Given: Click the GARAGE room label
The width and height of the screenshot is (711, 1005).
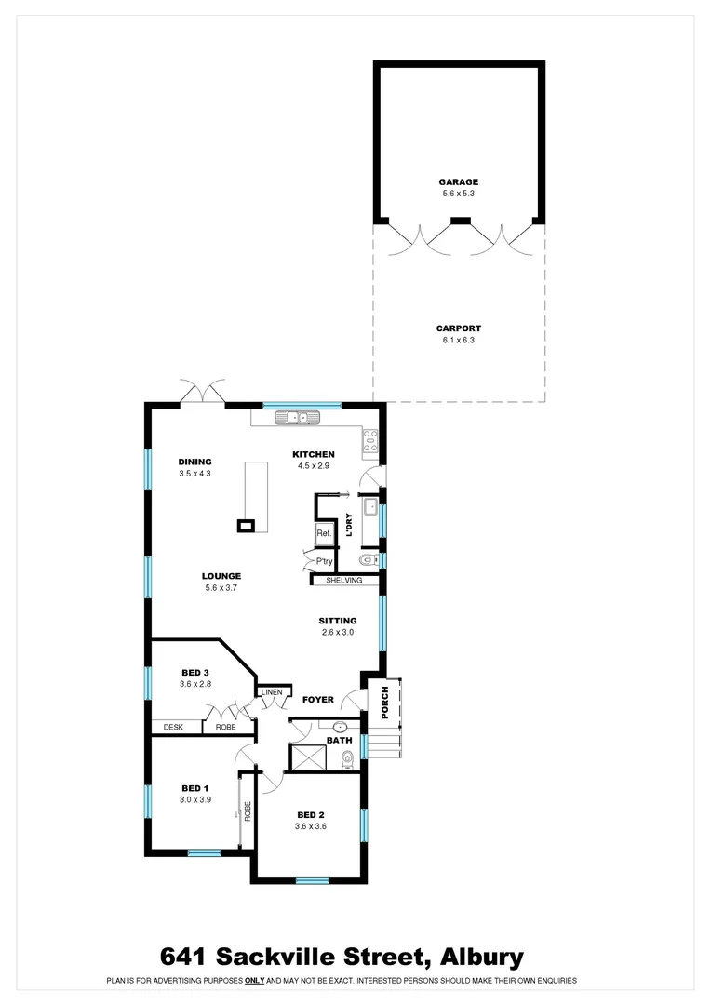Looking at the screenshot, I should click(459, 182).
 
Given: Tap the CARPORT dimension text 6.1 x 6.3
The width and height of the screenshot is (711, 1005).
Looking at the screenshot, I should click(459, 341).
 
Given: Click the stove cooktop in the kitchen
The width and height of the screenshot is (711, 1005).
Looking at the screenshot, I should click(369, 439).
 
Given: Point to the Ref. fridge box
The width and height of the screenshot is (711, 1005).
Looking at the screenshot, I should click(324, 534).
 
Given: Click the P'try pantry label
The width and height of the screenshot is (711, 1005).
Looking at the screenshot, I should click(324, 562).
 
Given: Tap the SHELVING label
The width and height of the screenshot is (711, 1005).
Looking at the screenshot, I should click(343, 581).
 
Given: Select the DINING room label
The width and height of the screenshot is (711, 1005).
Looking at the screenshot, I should click(195, 462).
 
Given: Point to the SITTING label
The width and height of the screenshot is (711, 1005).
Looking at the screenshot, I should click(338, 621).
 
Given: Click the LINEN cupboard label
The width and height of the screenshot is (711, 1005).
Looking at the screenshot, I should click(271, 692).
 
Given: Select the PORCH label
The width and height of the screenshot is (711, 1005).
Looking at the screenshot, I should click(385, 703).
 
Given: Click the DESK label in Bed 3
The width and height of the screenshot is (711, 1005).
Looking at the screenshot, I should click(173, 727).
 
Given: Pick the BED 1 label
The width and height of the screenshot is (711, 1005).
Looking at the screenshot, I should click(195, 787).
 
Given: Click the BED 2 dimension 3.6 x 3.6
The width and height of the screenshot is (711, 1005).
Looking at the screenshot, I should click(310, 825).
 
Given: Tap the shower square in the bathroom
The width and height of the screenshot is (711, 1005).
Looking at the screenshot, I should click(307, 757).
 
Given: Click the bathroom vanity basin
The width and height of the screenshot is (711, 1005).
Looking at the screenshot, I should click(340, 727).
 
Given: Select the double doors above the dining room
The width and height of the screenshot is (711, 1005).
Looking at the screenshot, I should click(203, 392).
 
